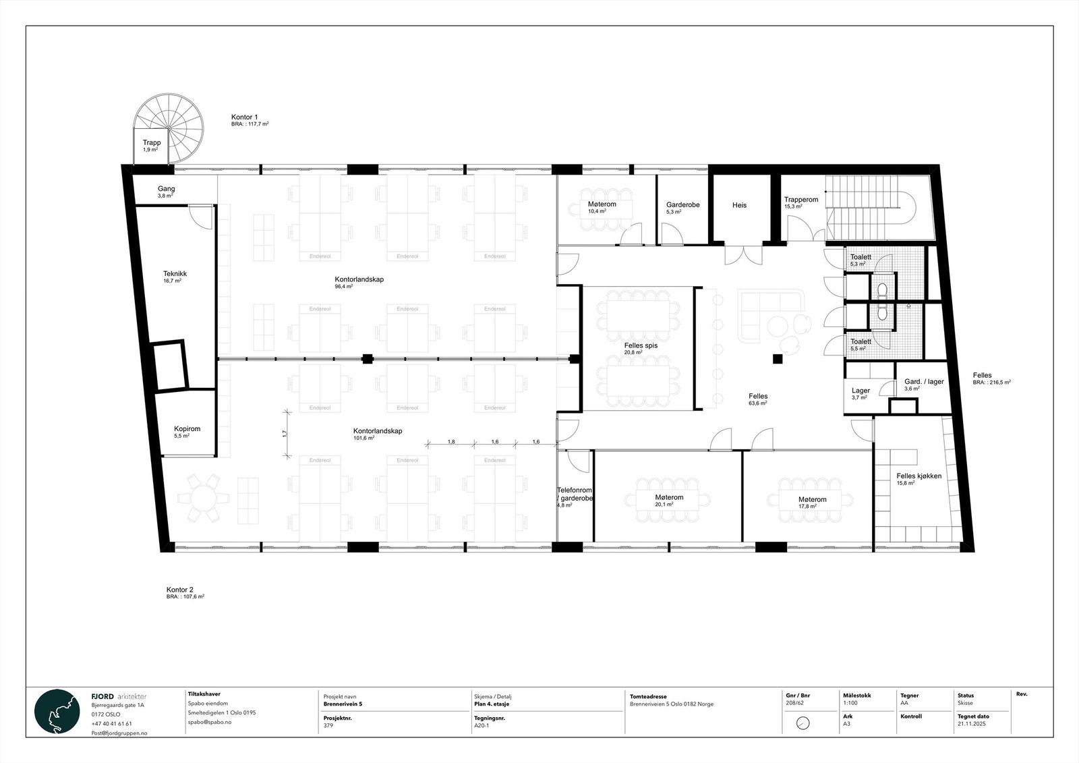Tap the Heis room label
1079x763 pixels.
(x=739, y=205)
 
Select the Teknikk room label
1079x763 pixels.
(x=175, y=274)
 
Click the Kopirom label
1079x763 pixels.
(x=187, y=428)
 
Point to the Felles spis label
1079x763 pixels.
(x=641, y=345)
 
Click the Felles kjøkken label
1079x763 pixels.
(x=918, y=476)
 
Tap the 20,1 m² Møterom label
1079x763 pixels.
(x=669, y=497)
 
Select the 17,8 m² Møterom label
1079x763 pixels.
(x=812, y=500)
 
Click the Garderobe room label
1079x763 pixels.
(x=682, y=204)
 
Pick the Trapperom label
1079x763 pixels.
(x=800, y=200)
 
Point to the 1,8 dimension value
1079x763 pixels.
(x=450, y=442)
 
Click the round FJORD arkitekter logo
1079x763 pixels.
(x=57, y=712)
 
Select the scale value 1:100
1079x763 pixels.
(x=850, y=704)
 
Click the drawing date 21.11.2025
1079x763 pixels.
(x=970, y=723)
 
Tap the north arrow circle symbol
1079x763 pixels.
(x=803, y=723)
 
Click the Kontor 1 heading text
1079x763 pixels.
(x=244, y=117)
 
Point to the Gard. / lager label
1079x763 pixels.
(x=924, y=382)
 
